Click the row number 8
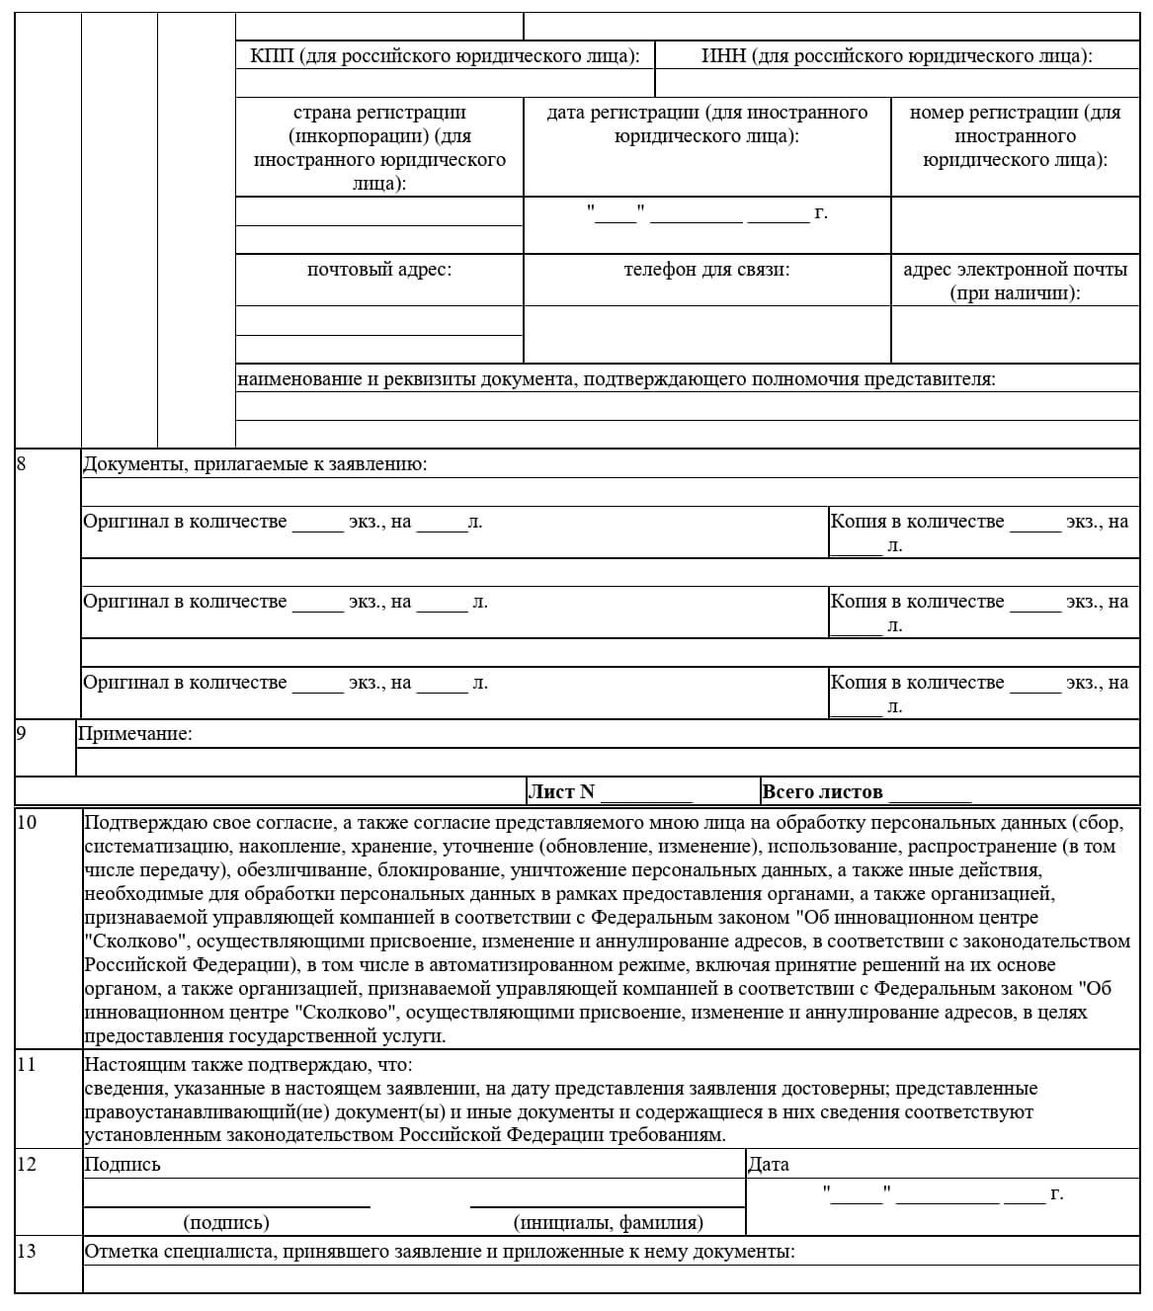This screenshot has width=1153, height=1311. click(x=22, y=463)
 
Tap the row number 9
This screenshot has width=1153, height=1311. click(x=22, y=733)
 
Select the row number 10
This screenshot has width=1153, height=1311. click(x=27, y=822)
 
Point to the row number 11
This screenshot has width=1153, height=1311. click(x=27, y=1064)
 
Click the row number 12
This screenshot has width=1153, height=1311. click(x=27, y=1164)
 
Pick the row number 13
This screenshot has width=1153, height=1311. click(x=27, y=1251)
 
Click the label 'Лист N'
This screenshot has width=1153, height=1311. click(x=562, y=791)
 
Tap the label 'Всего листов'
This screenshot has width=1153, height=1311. click(x=822, y=791)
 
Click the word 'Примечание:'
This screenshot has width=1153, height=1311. click(x=135, y=733)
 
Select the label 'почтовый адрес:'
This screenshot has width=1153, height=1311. click(x=379, y=270)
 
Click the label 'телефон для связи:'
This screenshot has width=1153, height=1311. click(x=706, y=270)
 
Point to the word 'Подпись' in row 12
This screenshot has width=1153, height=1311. click(x=123, y=1164)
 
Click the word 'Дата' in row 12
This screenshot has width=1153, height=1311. click(x=769, y=1164)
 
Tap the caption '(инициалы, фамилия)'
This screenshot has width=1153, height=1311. click(x=609, y=1222)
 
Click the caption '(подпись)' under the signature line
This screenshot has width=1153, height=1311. click(x=226, y=1222)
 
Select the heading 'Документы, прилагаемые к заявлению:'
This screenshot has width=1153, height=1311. click(x=255, y=463)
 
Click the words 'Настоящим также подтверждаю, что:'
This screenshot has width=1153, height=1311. click(x=249, y=1064)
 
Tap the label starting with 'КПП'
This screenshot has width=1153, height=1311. click(x=445, y=55)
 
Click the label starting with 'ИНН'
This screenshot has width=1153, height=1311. click(x=896, y=55)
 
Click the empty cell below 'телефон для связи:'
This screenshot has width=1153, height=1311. click(x=706, y=335)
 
